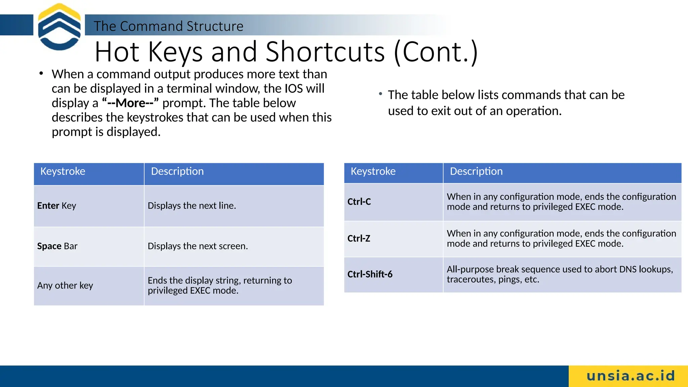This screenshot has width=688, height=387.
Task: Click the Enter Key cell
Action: coord(57,206)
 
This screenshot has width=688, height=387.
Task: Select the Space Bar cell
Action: coord(57,246)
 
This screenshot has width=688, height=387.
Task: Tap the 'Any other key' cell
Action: coord(65,286)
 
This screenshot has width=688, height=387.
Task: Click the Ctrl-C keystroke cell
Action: coord(359,202)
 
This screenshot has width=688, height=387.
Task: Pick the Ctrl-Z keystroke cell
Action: coord(359,239)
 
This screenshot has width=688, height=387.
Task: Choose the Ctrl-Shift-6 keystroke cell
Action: coord(370,274)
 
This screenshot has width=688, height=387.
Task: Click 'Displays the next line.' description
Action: coord(192,206)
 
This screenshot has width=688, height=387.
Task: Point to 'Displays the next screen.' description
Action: coord(198,246)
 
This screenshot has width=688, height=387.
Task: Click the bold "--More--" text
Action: coord(130,103)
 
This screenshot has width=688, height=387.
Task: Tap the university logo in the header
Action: coord(59,27)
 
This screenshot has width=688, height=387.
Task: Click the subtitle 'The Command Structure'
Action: coord(168,26)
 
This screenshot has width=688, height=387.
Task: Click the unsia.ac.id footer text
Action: coord(631,376)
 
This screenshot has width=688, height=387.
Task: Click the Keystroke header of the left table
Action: coord(63,171)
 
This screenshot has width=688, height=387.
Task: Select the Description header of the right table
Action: coord(476,171)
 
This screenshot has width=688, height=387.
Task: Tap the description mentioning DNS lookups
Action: coord(560,274)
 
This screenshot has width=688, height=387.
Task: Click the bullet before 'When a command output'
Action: coord(41,73)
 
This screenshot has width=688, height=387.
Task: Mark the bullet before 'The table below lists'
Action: coord(380,94)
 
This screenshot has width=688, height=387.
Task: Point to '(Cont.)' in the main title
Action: coord(436,52)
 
